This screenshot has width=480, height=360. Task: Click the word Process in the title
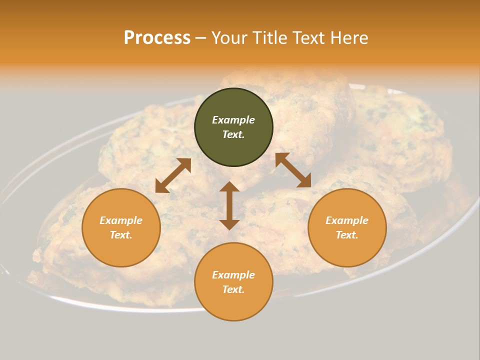tap(157, 38)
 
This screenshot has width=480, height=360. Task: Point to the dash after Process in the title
tap(200, 38)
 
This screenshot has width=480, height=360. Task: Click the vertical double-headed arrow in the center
tap(229, 205)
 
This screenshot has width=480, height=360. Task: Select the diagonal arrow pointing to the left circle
tap(173, 175)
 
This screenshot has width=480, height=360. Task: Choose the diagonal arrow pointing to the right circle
tap(293, 170)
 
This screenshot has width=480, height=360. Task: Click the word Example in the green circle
tap(233, 120)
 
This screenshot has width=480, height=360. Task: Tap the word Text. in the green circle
tap(233, 134)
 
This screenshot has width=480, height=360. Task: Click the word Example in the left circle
tap(121, 220)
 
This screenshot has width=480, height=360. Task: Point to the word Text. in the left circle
tap(121, 235)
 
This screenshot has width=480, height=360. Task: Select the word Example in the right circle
tap(347, 220)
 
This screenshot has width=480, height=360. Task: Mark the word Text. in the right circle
tap(347, 235)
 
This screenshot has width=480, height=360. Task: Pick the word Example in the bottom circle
tap(233, 275)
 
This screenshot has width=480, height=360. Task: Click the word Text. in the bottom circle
tap(233, 289)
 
